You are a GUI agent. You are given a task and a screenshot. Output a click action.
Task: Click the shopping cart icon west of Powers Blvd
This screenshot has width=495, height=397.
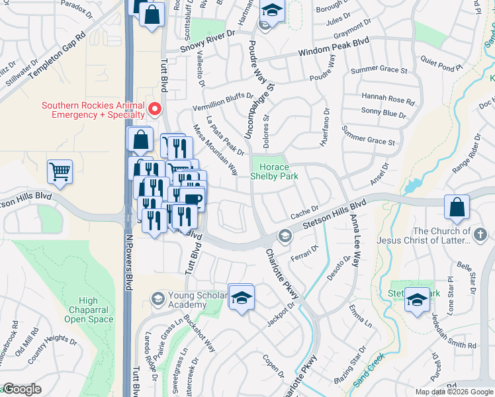(x=60, y=171)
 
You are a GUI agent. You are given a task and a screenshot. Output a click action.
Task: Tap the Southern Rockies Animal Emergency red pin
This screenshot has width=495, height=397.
(x=155, y=108)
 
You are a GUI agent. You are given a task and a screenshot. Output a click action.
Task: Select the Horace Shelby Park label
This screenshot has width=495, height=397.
(x=274, y=171)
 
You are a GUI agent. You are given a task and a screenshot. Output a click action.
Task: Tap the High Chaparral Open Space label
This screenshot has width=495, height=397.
(x=89, y=310)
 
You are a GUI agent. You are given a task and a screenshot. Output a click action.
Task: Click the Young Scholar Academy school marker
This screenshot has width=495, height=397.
(x=158, y=300)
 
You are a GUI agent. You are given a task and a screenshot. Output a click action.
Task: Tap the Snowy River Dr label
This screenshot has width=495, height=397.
(x=210, y=40)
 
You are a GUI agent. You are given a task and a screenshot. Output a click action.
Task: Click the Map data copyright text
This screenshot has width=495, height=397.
(x=453, y=392)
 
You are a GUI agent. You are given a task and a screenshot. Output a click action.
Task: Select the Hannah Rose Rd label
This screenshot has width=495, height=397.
(x=388, y=99)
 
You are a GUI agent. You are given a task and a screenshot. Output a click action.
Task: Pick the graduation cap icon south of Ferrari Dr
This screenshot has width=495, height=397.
(x=242, y=296)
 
